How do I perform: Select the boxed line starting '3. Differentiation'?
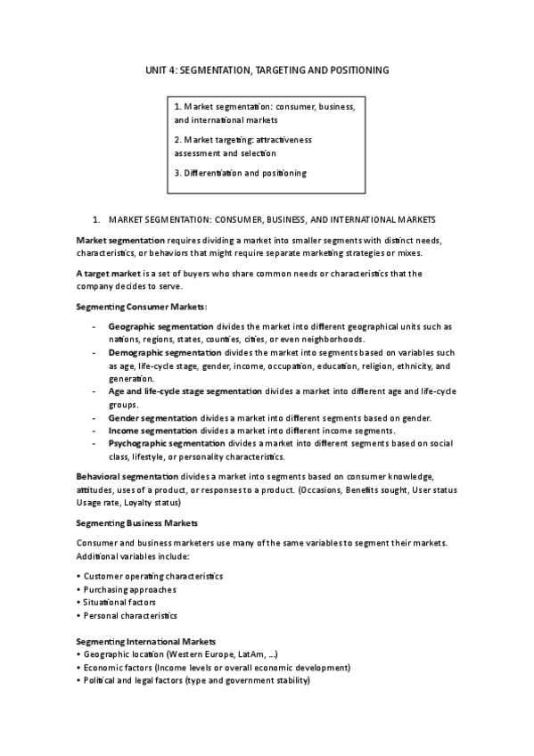241,173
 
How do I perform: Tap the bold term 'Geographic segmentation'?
158,326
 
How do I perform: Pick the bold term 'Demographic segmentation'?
162,353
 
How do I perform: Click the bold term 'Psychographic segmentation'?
167,443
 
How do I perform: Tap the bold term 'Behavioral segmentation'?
127,477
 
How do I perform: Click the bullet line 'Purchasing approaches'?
129,589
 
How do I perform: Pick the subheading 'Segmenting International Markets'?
145,641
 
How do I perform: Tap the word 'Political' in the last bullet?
98,680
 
